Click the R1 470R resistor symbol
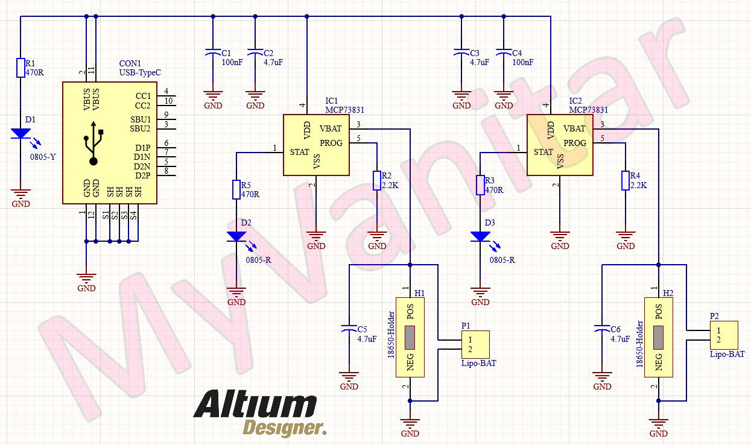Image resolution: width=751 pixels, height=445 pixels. tap(21, 68)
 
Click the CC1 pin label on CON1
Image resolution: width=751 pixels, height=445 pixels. tap(143, 96)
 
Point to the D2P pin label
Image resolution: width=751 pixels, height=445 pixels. tap(142, 175)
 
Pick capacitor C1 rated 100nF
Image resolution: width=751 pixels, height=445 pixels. tap(212, 53)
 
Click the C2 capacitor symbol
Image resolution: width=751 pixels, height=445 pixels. tap(255, 53)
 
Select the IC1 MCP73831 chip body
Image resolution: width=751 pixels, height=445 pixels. tap(317, 145)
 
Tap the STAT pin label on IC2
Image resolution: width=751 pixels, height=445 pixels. tap(543, 152)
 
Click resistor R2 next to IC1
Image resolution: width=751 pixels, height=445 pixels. tap(377, 180)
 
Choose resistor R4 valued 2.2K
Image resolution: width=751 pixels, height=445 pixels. tap(626, 180)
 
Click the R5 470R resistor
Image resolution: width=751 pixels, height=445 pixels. tap(236, 189)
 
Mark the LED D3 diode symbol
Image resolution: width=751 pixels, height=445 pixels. tap(480, 236)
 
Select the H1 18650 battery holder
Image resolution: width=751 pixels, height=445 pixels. tap(410, 337)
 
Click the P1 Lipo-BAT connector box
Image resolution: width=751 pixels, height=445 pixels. tap(474, 345)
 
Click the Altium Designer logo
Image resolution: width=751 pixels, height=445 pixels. tap(259, 413)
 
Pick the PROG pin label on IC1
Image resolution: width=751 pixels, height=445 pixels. tap(331, 143)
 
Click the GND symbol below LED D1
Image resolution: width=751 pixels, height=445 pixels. tap(21, 195)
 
